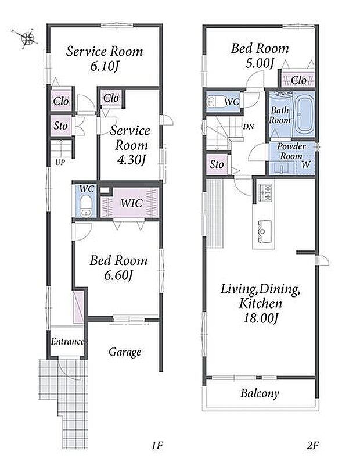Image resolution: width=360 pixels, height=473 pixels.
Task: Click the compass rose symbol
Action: pyautogui.click(x=27, y=38)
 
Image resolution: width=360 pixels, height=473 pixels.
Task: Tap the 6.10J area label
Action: pyautogui.click(x=104, y=66)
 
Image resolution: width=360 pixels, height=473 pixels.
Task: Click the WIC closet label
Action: pyautogui.click(x=131, y=203)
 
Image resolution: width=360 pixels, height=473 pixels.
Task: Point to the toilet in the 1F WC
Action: pyautogui.click(x=87, y=206)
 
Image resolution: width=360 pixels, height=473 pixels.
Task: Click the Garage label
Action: pyautogui.click(x=125, y=352)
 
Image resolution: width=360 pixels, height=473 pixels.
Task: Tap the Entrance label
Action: pyautogui.click(x=67, y=341)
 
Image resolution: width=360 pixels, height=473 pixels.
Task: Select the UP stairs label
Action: pyautogui.click(x=60, y=162)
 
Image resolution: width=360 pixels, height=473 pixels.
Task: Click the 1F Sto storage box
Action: pyautogui.click(x=61, y=125)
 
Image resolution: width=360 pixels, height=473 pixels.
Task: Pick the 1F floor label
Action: pyautogui.click(x=157, y=445)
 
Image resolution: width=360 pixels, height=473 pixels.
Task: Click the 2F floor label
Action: pyautogui.click(x=313, y=445)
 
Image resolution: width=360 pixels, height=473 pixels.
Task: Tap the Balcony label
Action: pyautogui.click(x=260, y=393)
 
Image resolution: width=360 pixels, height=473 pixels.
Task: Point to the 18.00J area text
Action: pyautogui.click(x=261, y=318)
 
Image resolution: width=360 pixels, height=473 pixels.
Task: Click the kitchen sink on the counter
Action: pyautogui.click(x=264, y=231)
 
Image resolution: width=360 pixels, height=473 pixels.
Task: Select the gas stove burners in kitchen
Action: pyautogui.click(x=265, y=192)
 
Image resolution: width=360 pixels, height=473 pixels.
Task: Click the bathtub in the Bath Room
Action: pyautogui.click(x=303, y=115)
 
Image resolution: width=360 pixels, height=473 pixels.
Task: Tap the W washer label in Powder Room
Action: pyautogui.click(x=306, y=164)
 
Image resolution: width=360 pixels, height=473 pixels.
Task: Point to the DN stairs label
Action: pyautogui.click(x=249, y=127)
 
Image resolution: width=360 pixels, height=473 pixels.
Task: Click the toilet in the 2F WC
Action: pyautogui.click(x=213, y=101)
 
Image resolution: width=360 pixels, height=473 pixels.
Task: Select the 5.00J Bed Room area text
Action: pyautogui.click(x=260, y=63)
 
